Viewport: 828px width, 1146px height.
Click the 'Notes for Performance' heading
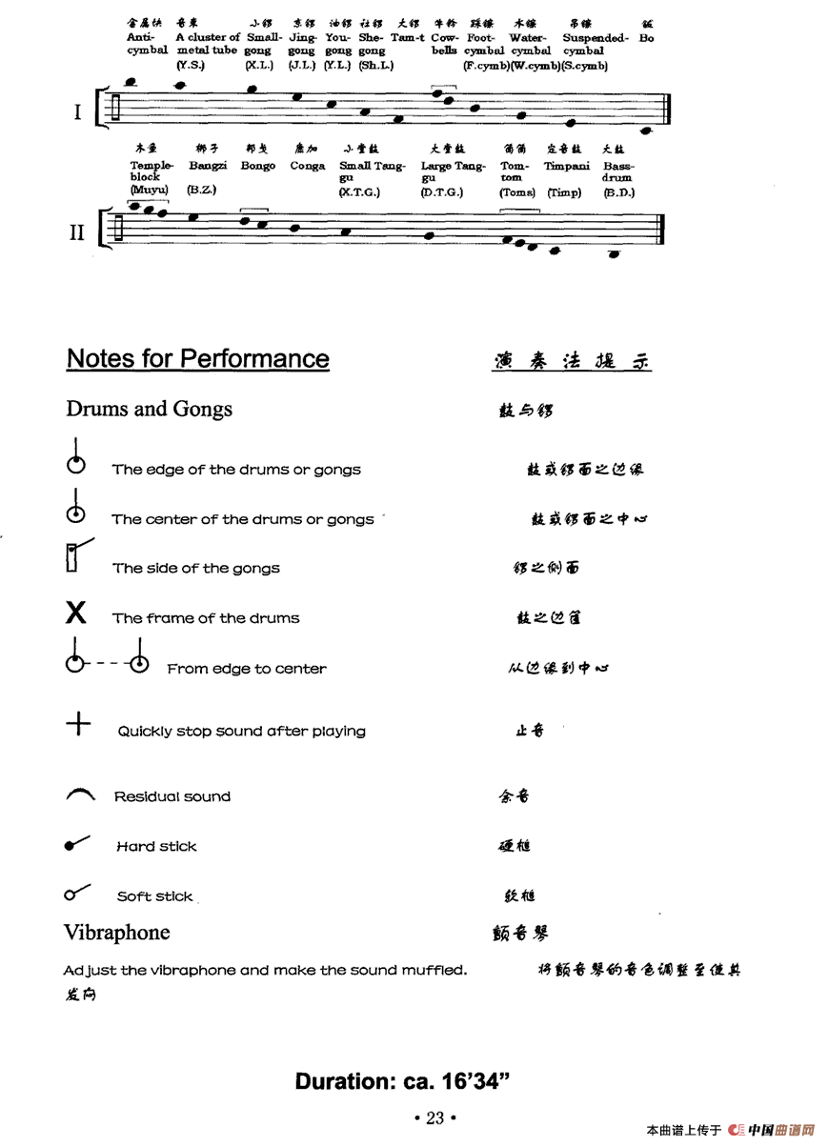197,359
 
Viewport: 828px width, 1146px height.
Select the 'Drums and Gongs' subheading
149,410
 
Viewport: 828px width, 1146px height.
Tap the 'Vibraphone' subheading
116,933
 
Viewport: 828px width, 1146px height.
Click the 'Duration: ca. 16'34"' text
403,1081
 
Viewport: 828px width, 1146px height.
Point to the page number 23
434,1118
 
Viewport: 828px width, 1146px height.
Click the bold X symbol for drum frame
76,613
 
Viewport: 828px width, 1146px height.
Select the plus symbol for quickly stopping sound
78,725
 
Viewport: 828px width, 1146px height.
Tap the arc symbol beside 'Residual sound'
80,794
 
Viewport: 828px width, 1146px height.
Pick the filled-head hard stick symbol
76,844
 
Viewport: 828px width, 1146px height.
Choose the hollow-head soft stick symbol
76,894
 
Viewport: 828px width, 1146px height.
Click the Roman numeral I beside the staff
78,112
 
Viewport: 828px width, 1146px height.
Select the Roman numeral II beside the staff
76,232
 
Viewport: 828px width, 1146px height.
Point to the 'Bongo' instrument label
257,166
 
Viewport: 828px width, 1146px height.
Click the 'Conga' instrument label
308,166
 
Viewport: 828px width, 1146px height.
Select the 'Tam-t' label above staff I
407,38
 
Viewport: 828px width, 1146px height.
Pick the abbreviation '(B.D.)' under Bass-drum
618,192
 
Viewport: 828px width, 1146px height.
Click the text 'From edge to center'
247,669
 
